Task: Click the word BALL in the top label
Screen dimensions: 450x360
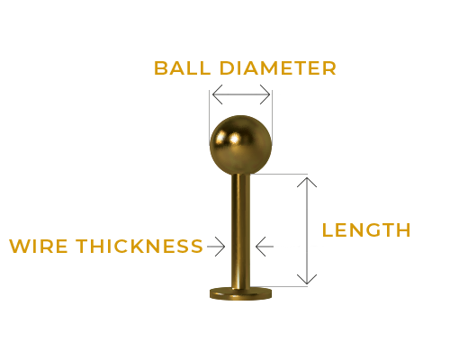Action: click(182, 68)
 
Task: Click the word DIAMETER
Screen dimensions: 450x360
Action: click(278, 68)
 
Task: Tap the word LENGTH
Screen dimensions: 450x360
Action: click(366, 230)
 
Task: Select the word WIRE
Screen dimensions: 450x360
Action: click(39, 246)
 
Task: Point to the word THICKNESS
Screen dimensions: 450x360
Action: click(139, 246)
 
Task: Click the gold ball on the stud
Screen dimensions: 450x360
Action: click(240, 145)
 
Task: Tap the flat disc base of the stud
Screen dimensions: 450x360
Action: click(240, 293)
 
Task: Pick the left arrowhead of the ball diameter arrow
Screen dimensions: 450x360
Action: click(217, 94)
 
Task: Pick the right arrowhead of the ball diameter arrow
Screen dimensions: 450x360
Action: click(265, 94)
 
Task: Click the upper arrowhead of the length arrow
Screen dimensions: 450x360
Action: click(307, 182)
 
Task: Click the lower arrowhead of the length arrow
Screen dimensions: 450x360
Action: click(307, 279)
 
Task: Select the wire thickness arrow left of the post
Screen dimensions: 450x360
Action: click(216, 247)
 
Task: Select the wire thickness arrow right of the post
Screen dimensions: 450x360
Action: click(265, 247)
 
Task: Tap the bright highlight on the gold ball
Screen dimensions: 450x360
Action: click(234, 139)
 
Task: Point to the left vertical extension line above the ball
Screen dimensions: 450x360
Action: click(210, 118)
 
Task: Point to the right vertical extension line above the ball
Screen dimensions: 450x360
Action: click(272, 118)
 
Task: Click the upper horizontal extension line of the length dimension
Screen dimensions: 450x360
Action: click(280, 174)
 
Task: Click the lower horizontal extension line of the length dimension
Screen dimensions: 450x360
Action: click(280, 286)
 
